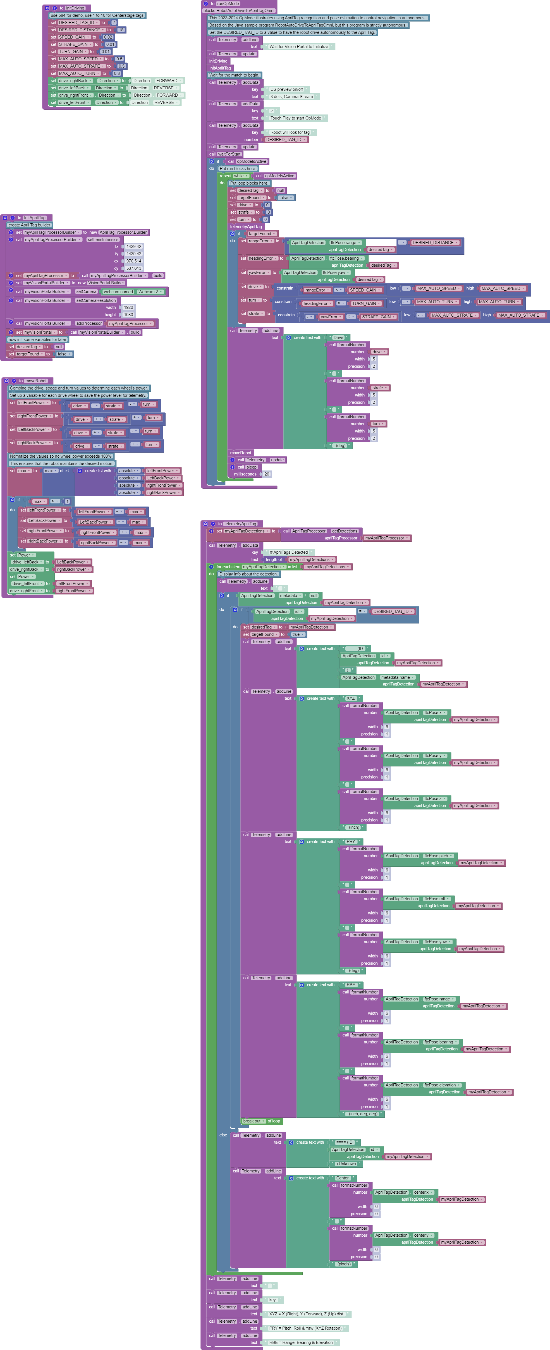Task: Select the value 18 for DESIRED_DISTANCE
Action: (121, 30)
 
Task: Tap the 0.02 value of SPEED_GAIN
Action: (108, 37)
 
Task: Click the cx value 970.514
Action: (133, 261)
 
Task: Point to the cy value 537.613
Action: (133, 268)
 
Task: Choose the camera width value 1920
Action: (128, 308)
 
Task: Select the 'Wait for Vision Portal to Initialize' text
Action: (298, 47)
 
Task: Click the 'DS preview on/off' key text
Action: (286, 90)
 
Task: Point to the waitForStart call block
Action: (229, 154)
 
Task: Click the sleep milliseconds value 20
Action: (267, 474)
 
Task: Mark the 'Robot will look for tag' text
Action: (290, 133)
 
